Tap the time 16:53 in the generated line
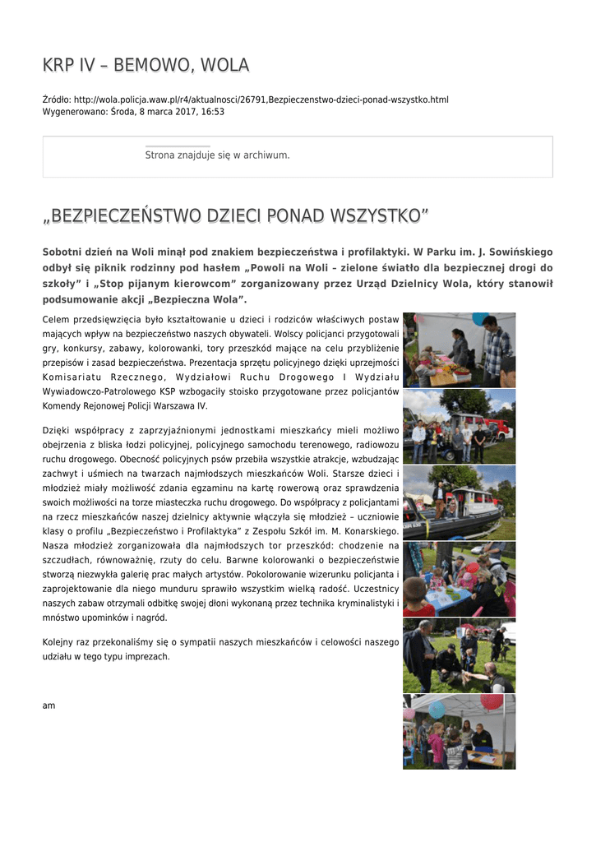pos(213,111)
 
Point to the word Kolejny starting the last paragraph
pos(59,641)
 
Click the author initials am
pos(49,706)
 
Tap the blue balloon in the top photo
pos(479,318)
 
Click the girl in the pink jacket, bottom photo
pos(436,745)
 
